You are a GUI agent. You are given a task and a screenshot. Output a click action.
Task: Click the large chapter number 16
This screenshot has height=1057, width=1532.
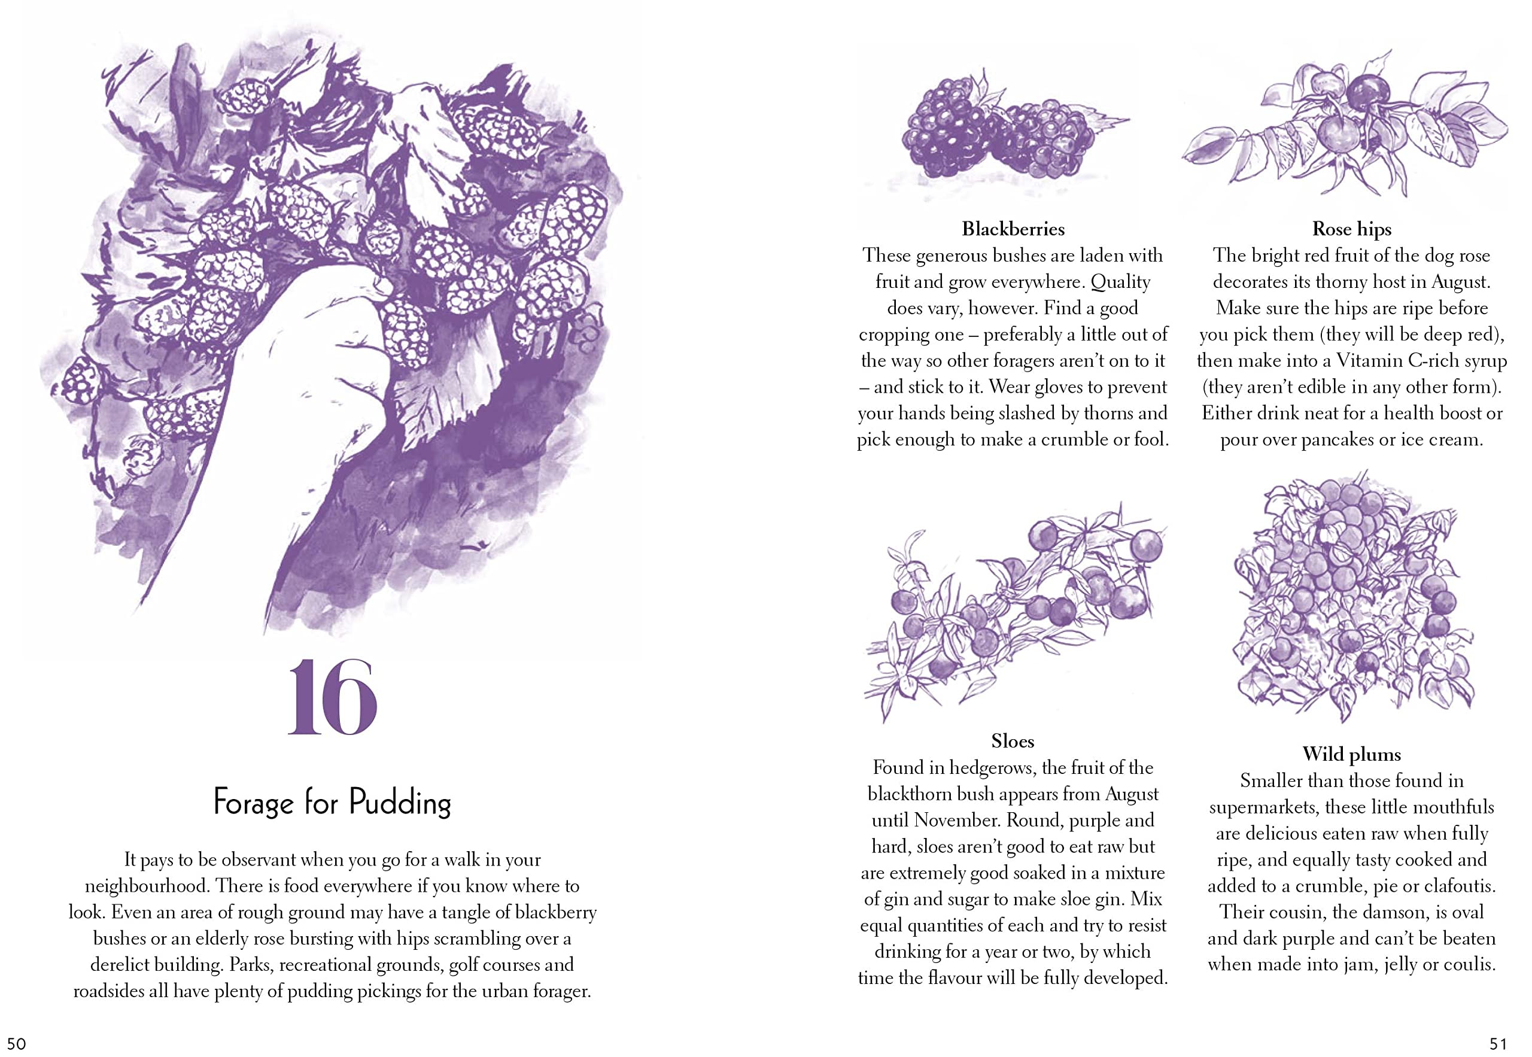[x=332, y=697]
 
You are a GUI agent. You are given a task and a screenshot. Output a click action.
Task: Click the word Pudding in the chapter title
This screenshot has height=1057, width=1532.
[x=400, y=802]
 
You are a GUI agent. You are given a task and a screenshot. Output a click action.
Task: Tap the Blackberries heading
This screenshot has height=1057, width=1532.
[x=1013, y=229]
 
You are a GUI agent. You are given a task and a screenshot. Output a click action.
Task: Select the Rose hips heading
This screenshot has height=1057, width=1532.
[x=1351, y=229]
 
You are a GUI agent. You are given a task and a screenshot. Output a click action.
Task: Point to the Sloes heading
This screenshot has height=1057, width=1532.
[x=1013, y=741]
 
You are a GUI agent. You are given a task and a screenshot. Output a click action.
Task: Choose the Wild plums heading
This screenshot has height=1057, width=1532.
[x=1351, y=754]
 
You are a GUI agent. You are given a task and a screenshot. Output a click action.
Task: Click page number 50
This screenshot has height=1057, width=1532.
[x=16, y=1044]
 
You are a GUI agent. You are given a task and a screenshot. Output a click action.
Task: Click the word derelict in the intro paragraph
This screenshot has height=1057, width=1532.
[x=120, y=964]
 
